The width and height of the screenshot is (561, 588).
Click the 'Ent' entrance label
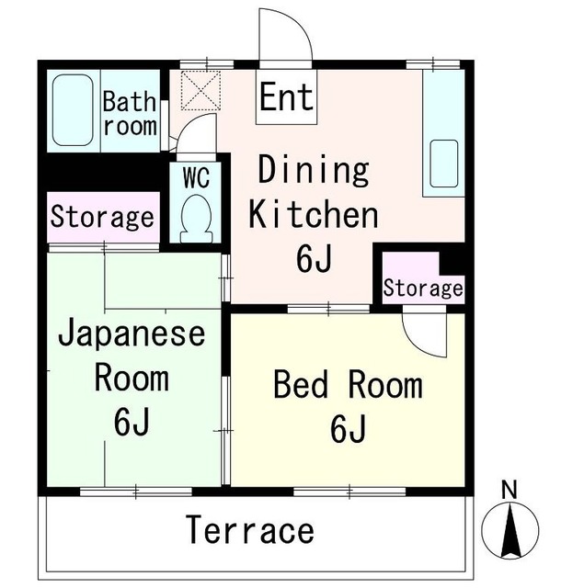point(287,96)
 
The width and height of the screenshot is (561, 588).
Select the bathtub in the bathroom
point(74,110)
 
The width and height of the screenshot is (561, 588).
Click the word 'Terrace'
point(251,530)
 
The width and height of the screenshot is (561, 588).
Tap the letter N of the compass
point(509,489)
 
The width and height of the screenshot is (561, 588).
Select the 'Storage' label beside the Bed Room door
point(423,288)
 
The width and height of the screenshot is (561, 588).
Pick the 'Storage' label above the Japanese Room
point(101,219)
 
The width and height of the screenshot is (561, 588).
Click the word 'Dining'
point(313,171)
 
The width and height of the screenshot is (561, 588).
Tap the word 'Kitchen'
point(315,216)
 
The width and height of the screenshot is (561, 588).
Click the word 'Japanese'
point(131,334)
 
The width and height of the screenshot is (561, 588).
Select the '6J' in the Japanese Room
point(132,422)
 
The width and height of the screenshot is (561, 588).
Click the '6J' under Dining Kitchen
point(314,260)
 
